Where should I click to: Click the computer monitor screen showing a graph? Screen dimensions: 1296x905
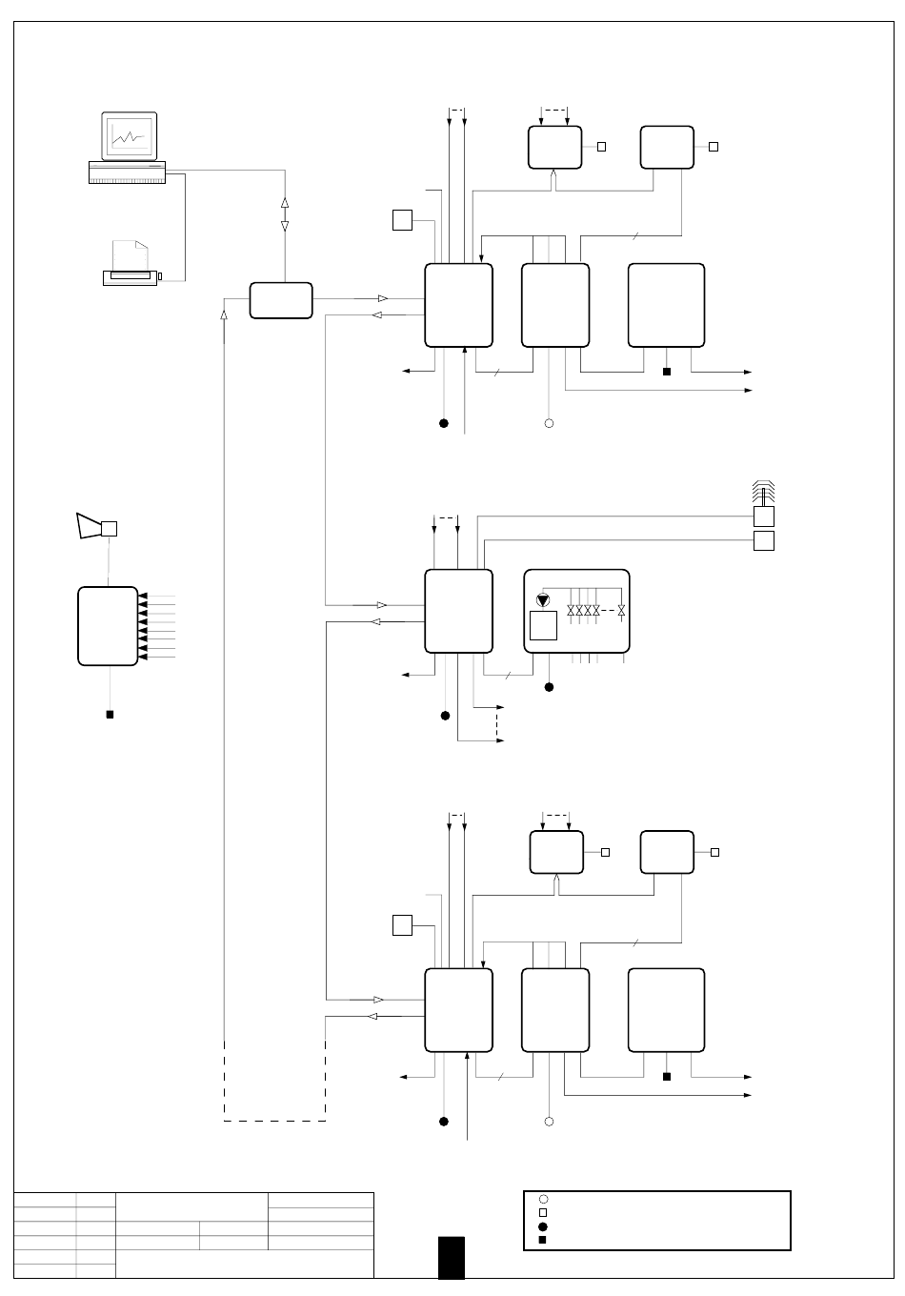point(129,136)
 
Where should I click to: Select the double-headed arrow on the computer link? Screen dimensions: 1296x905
point(284,214)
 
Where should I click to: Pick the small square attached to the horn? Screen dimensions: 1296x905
point(110,528)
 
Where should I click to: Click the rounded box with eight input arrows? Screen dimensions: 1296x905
point(107,626)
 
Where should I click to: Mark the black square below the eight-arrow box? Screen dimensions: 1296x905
point(110,714)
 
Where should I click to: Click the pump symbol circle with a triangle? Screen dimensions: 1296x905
point(544,600)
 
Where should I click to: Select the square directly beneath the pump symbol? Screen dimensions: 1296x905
point(543,626)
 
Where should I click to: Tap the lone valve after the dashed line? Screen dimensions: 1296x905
point(621,609)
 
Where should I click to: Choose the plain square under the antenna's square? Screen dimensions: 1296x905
point(764,541)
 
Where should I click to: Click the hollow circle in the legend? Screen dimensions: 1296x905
point(542,1199)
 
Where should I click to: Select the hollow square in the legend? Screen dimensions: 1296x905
point(542,1212)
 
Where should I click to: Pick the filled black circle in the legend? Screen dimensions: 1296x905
point(542,1226)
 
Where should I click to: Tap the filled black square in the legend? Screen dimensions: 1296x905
point(542,1240)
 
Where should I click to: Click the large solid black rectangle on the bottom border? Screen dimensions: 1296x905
point(452,1257)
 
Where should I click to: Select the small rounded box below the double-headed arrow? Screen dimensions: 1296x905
point(281,300)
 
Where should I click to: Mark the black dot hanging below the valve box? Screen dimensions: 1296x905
point(549,686)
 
